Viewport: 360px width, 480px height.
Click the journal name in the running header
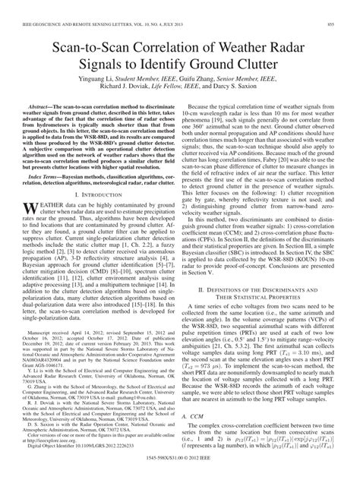click(84, 6)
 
